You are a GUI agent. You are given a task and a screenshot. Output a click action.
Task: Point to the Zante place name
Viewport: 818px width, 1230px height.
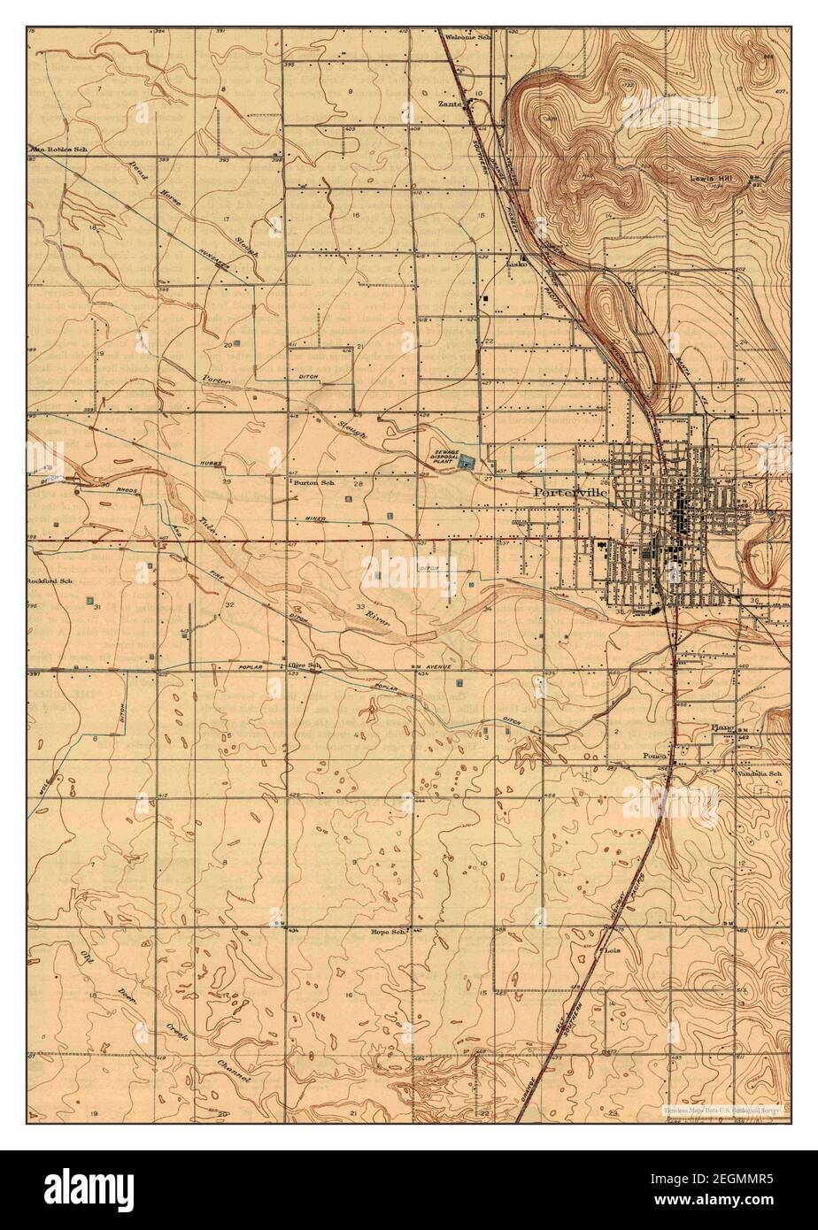click(x=451, y=103)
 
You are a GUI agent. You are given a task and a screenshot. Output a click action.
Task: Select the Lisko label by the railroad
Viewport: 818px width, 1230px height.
click(x=516, y=264)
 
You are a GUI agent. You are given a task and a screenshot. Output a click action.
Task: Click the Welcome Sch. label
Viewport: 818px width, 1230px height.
click(x=467, y=37)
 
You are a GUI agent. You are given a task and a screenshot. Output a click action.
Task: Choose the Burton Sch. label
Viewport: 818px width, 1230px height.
click(x=314, y=483)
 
